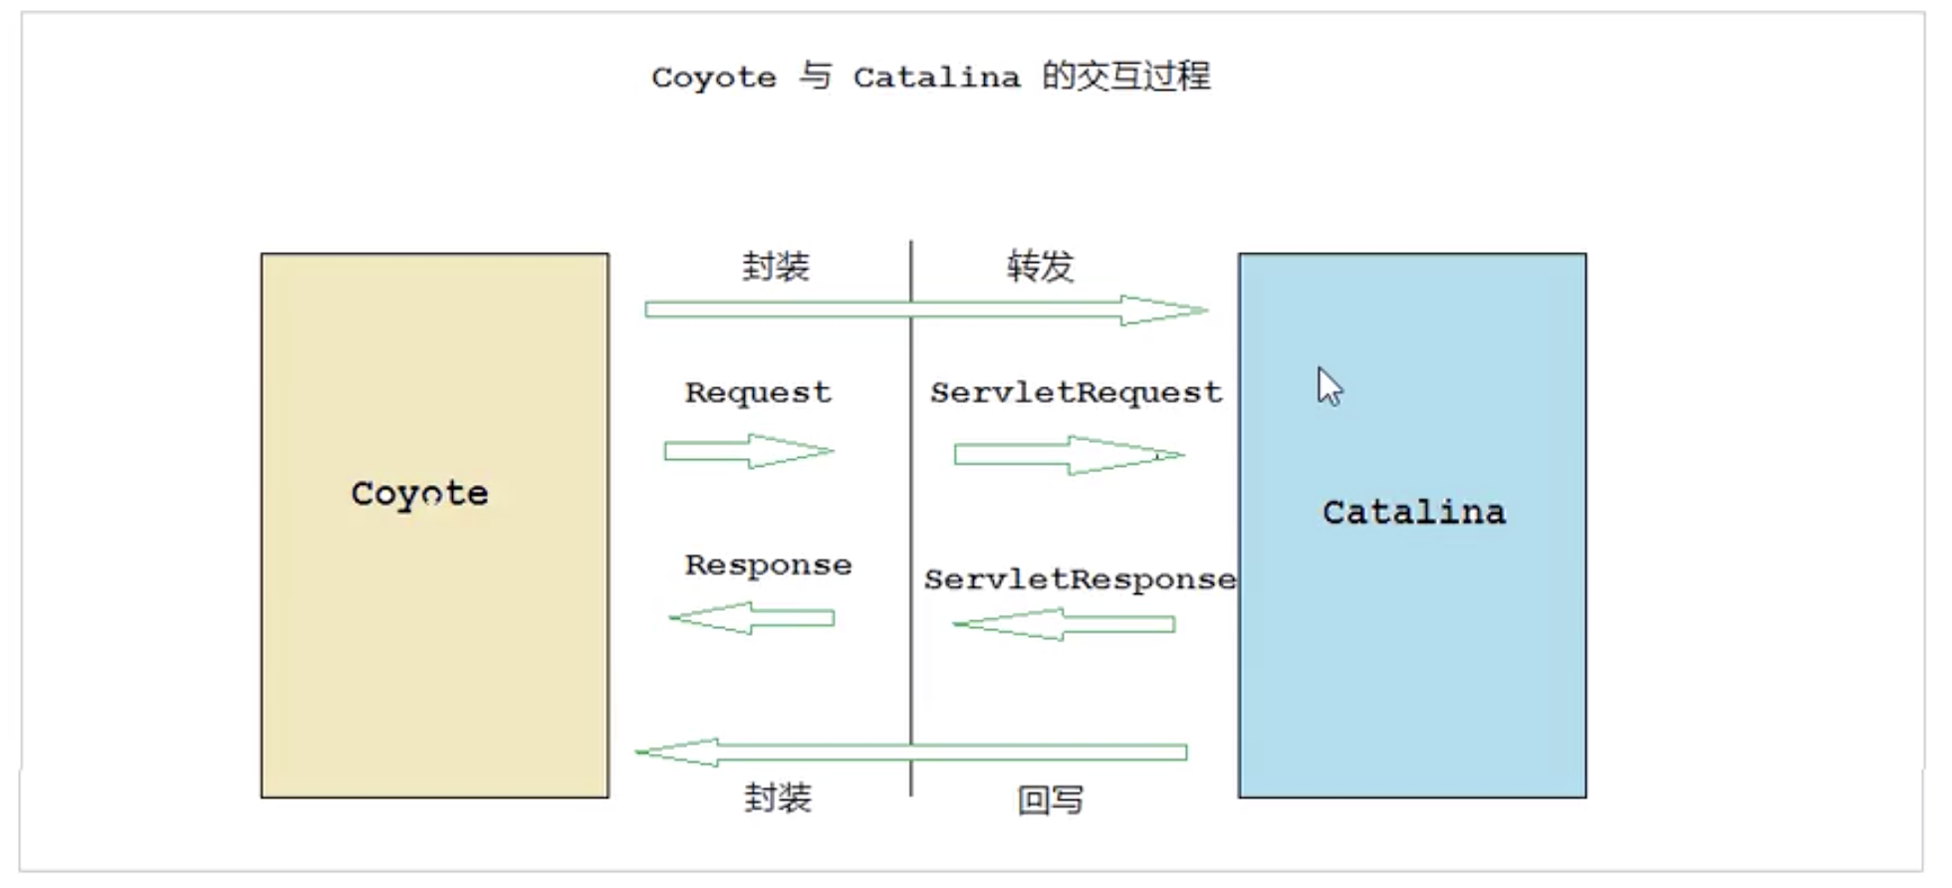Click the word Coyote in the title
pos(713,78)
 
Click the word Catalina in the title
pos(936,78)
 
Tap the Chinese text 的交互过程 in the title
pos(1126,77)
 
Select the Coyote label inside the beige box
pos(419,494)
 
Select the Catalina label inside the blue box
pos(1413,513)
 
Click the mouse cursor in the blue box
pos(1329,386)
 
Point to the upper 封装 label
pos(776,267)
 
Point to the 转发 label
pos(1040,267)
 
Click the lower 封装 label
pos(778,798)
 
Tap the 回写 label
pos(1050,799)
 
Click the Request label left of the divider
pos(758,393)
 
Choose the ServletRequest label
pos(1076,393)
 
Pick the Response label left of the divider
pos(768,565)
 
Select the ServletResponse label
pos(1080,579)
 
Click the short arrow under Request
pos(749,451)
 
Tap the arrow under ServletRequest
pos(1069,455)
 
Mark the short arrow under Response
pos(752,618)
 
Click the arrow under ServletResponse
pos(1064,624)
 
